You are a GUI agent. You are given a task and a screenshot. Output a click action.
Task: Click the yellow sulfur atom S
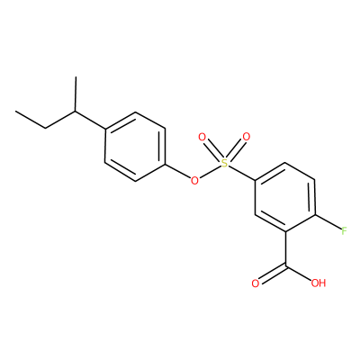point(225,163)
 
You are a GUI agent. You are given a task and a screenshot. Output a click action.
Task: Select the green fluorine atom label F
point(344,231)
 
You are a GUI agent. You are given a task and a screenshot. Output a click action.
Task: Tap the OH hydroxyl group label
point(319,283)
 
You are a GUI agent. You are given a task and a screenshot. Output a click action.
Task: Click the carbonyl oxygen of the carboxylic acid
point(255,283)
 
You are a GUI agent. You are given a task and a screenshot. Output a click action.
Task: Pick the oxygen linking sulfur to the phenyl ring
point(194,181)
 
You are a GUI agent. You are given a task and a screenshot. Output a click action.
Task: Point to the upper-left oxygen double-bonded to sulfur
point(202,138)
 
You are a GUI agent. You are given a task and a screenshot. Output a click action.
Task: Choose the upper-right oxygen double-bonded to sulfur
point(247,137)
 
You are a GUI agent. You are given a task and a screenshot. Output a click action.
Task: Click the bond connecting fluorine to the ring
point(328,222)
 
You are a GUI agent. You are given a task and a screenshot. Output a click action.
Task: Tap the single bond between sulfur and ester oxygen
point(210,172)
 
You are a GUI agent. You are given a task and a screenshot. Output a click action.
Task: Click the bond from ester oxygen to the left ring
point(177,171)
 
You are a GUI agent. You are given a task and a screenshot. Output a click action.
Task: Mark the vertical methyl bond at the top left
point(76,94)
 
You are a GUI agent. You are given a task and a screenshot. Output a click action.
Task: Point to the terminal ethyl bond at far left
point(31,120)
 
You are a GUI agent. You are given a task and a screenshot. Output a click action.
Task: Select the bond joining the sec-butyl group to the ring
point(90,121)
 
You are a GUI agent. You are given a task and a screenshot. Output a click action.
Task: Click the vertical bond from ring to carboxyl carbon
point(284,248)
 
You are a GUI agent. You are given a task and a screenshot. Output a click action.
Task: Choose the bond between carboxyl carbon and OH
point(298,273)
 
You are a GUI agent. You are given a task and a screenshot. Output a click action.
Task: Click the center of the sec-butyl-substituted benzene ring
point(135,147)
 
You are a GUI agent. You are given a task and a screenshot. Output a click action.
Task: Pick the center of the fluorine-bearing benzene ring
point(284,197)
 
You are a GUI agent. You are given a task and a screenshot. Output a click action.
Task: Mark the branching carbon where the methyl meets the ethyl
point(76,112)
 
